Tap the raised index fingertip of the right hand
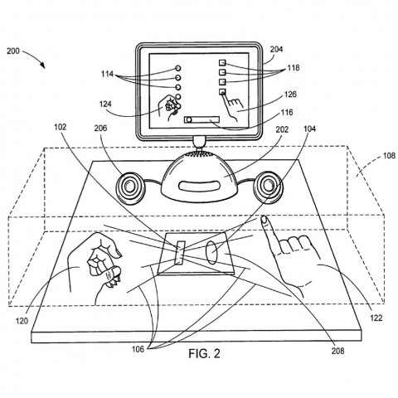[265, 221]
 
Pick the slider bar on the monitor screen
[204, 119]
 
